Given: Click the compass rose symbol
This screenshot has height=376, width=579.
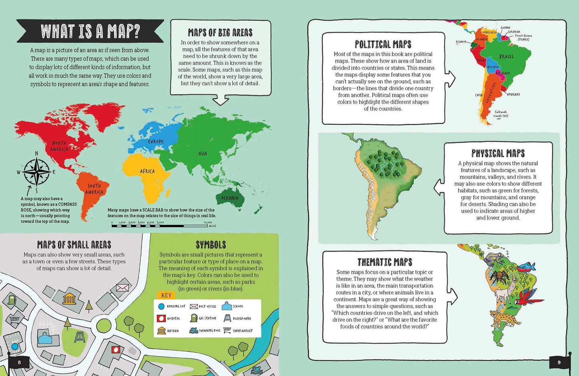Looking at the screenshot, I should tap(36, 172).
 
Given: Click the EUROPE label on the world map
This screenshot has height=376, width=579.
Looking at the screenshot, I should tap(155, 142).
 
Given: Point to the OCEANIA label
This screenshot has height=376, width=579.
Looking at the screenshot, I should tap(230, 198).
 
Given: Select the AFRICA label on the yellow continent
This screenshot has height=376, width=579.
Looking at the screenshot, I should tap(147, 171).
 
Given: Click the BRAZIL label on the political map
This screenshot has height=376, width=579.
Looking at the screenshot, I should tap(506, 57).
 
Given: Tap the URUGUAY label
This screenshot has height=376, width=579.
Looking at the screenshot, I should tap(513, 94).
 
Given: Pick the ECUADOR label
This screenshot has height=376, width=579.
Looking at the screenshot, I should tap(461, 42).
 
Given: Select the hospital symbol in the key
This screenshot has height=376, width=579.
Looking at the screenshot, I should tap(161, 318).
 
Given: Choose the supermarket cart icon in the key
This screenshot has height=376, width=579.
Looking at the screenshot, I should tap(227, 330).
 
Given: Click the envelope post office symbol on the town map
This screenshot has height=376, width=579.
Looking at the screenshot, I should tap(122, 287).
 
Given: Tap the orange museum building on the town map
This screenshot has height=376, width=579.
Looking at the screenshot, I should tap(70, 298).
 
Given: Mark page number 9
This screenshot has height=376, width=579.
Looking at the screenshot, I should tap(559, 362).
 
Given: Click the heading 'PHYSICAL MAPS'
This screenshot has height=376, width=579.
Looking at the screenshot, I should tap(498, 153).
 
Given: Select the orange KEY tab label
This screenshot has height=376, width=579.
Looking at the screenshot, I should tap(166, 295).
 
